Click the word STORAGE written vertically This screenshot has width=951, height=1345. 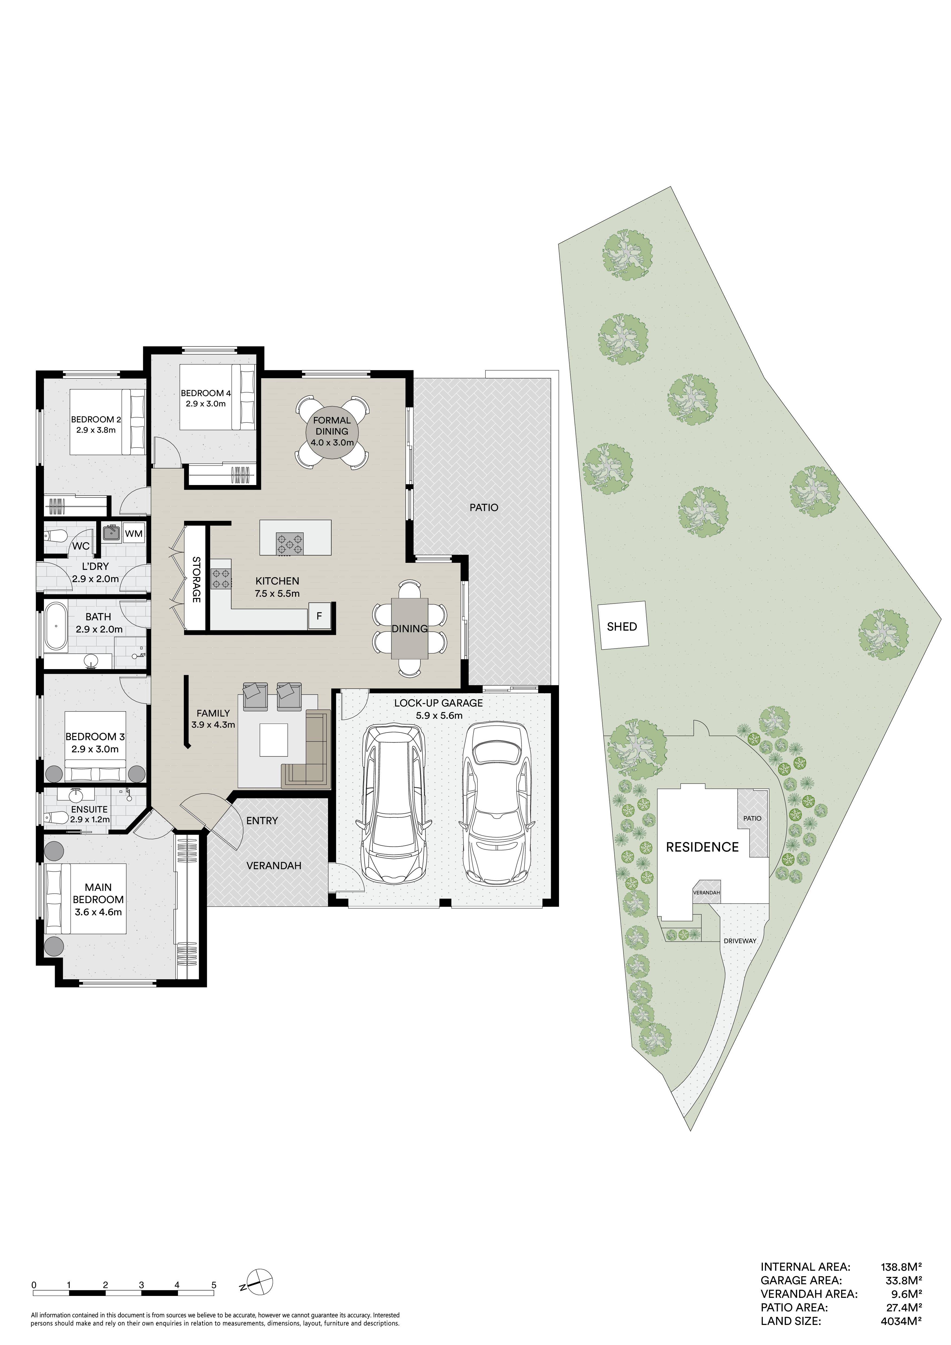click(x=196, y=579)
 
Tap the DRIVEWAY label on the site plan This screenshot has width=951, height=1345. click(x=740, y=941)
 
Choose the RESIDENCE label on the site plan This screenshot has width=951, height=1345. click(x=702, y=847)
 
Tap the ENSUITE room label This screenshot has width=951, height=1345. click(x=89, y=809)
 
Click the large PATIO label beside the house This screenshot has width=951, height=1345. click(x=484, y=507)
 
